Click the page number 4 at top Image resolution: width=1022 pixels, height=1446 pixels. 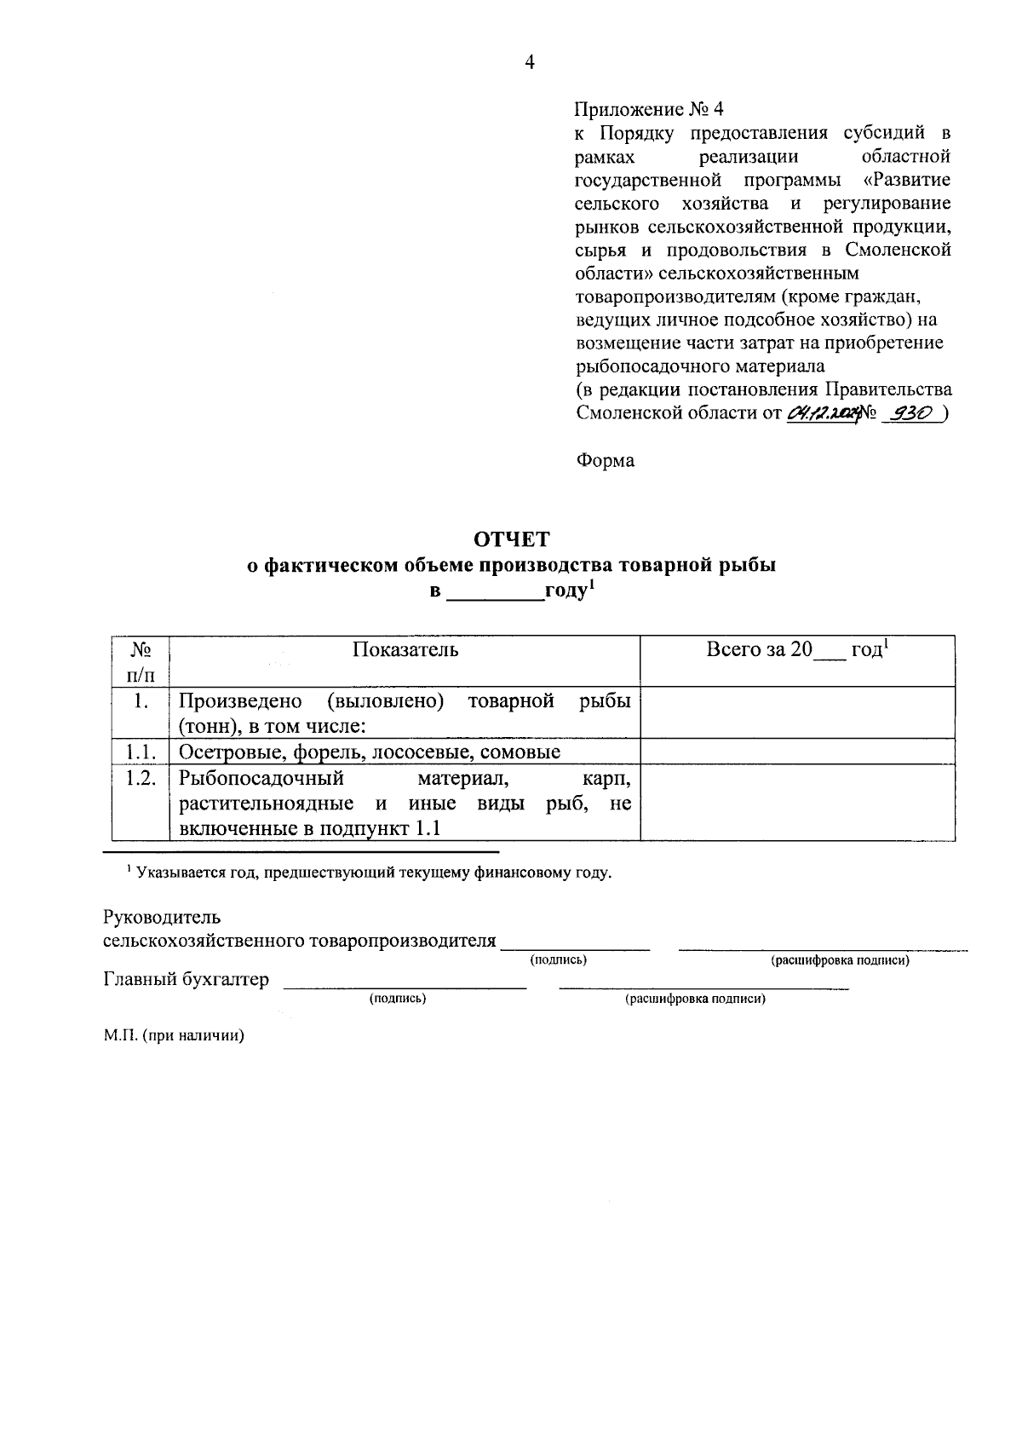[x=529, y=62]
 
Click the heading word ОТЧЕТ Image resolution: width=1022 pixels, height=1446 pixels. [x=511, y=539]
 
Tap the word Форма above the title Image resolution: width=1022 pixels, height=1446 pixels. [x=605, y=461]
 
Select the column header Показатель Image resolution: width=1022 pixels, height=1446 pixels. [x=405, y=650]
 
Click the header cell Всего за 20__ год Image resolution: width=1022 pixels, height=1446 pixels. [x=797, y=650]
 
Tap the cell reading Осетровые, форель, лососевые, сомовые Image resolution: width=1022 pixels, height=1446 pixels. [x=370, y=752]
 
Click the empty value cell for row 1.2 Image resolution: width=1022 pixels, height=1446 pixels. [x=797, y=803]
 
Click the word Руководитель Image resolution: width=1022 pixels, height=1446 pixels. [x=162, y=918]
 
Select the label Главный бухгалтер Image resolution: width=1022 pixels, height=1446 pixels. [x=186, y=979]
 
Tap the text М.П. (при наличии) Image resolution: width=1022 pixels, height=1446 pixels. [x=174, y=1036]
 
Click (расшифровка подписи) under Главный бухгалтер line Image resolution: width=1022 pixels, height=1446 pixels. [x=695, y=999]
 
